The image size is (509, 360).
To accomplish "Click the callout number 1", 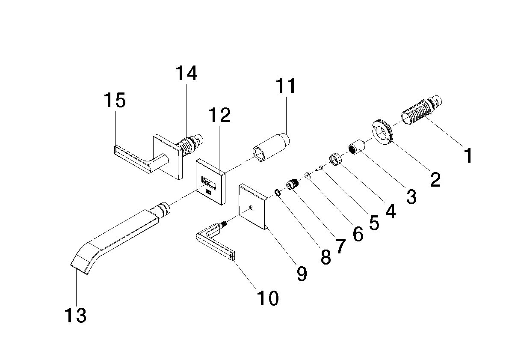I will click(469, 155).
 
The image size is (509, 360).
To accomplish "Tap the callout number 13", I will click(76, 316).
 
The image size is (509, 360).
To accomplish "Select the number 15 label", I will click(115, 101).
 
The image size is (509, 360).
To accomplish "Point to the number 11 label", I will click(286, 86).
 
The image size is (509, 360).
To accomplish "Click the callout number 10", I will click(267, 298).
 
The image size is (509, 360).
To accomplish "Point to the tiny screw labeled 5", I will click(319, 169).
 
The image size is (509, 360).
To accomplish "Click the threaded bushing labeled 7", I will click(292, 185).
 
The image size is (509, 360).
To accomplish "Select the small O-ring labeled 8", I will click(277, 193).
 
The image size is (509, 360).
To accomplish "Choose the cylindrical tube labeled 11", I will click(271, 148).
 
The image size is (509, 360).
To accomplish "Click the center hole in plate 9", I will click(251, 208).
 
